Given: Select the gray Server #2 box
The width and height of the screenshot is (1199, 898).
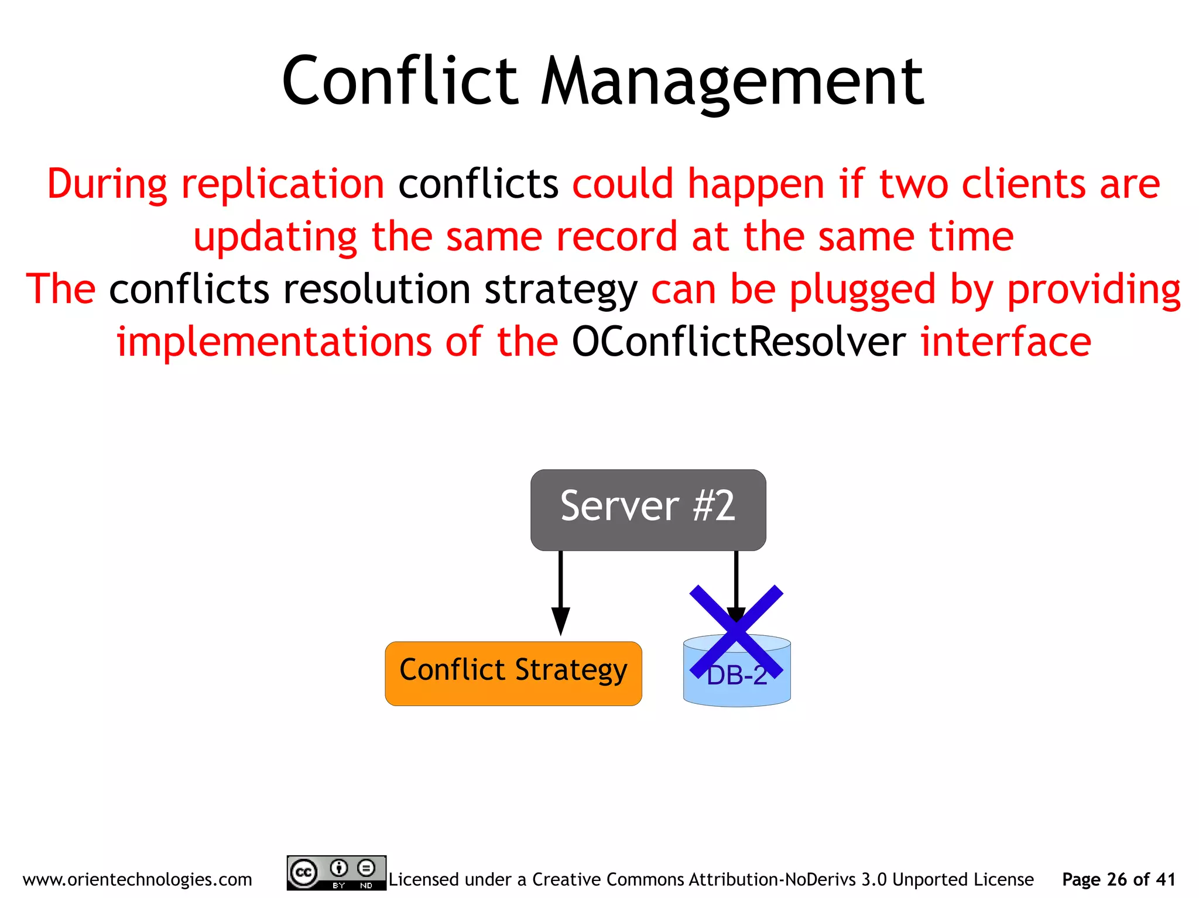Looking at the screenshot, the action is tap(648, 510).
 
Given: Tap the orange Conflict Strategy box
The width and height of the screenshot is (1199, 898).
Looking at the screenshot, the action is tap(513, 673).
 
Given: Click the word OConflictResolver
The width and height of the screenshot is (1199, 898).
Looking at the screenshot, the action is tap(738, 342).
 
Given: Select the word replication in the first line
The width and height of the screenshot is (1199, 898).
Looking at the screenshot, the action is tap(283, 184).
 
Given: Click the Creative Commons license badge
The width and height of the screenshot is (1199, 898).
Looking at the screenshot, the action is tap(336, 873).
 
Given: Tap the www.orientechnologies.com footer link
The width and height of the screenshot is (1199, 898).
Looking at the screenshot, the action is tap(137, 879).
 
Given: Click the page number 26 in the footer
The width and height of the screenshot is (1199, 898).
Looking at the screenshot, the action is tap(1116, 879).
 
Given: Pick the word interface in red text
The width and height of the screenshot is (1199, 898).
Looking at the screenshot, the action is tap(1005, 342).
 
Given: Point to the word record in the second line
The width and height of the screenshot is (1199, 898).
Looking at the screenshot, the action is tap(616, 237).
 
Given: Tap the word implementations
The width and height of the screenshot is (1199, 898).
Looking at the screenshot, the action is tap(273, 342).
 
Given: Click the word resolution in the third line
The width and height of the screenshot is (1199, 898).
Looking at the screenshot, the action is tap(376, 290).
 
